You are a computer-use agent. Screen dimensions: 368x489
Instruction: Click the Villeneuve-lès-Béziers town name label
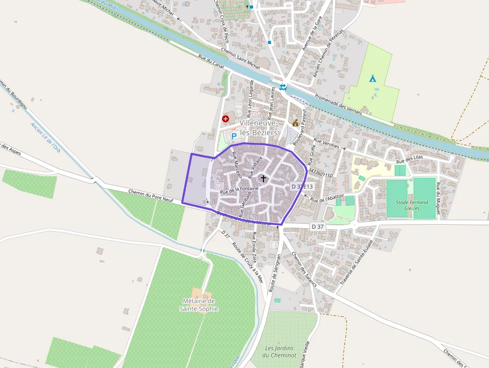pyautogui.click(x=258, y=128)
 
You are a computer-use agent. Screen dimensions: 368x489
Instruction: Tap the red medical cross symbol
pyautogui.click(x=226, y=119)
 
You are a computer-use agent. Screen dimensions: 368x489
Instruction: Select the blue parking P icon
pyautogui.click(x=234, y=135)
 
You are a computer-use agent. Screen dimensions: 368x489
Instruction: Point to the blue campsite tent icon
pyautogui.click(x=372, y=78)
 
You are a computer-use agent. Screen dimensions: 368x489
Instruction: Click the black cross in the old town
pyautogui.click(x=263, y=178)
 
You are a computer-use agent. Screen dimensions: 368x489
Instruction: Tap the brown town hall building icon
pyautogui.click(x=295, y=122)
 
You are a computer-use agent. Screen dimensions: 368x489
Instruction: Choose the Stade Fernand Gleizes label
pyautogui.click(x=412, y=205)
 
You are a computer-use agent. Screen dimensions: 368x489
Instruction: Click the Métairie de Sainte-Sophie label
pyautogui.click(x=199, y=305)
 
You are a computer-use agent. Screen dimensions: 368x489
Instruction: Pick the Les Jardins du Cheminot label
pyautogui.click(x=279, y=352)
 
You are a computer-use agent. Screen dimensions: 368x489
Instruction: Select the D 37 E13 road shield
pyautogui.click(x=302, y=186)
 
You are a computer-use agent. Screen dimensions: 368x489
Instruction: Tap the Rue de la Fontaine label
pyautogui.click(x=240, y=189)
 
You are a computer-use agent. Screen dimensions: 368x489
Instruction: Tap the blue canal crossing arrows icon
pyautogui.click(x=283, y=87)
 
